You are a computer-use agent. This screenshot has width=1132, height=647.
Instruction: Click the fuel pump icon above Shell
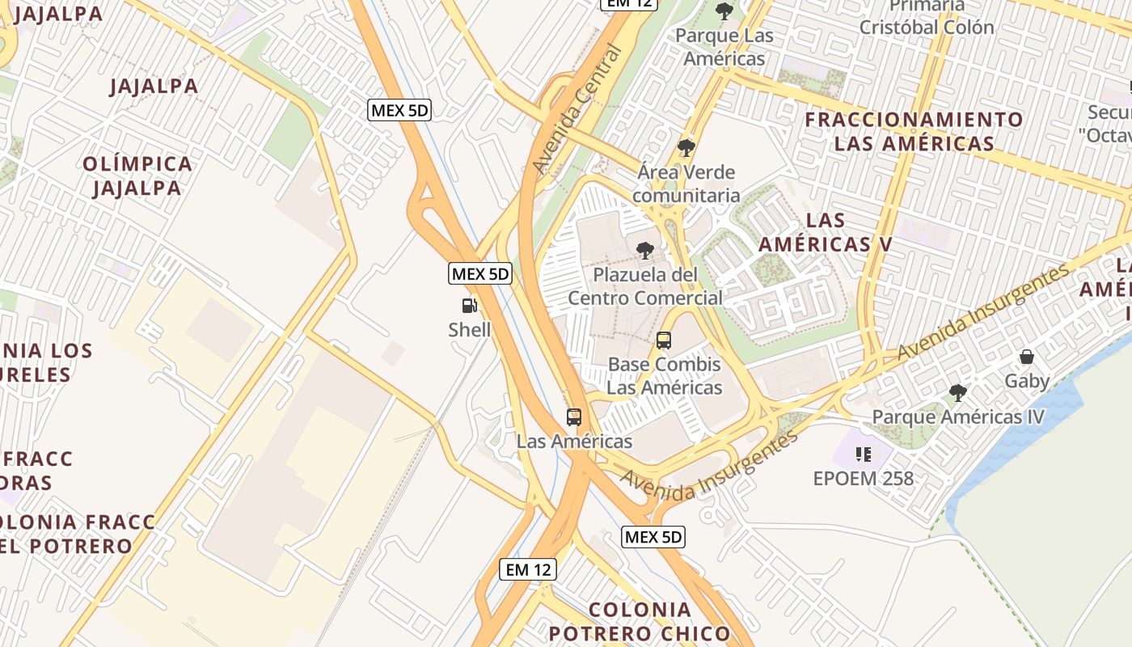point(469,306)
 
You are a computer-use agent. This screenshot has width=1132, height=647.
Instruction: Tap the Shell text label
point(469,330)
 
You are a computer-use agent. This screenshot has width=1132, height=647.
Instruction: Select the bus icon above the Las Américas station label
point(574,417)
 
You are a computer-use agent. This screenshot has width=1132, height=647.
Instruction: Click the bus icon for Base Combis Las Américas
point(664,340)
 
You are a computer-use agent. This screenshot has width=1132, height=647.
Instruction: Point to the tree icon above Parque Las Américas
point(724,11)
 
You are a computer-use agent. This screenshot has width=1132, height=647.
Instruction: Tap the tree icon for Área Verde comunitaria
point(686,148)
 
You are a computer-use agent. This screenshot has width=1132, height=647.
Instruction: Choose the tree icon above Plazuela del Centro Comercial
point(645,250)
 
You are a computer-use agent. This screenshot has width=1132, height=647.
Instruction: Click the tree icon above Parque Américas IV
point(958,393)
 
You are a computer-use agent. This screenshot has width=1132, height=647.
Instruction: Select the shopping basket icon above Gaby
point(1027,357)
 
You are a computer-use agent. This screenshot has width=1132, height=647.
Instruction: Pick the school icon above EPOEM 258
point(864,454)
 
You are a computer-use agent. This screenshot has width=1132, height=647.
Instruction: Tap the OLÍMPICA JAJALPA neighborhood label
point(137,175)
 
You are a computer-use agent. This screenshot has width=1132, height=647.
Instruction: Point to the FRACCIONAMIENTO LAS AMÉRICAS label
point(914,132)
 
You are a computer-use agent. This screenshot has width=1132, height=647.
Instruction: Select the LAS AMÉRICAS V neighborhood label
point(826,232)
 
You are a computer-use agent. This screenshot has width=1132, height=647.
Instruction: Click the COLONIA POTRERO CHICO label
point(640,621)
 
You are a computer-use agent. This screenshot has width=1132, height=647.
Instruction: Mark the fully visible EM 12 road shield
point(528,569)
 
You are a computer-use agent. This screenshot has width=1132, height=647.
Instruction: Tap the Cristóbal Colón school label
point(927,27)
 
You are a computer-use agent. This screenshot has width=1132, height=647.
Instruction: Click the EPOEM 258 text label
point(864,478)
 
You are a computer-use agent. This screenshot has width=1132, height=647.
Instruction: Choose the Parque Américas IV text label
point(958,417)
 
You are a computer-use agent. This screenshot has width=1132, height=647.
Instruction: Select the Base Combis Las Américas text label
point(664,376)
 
